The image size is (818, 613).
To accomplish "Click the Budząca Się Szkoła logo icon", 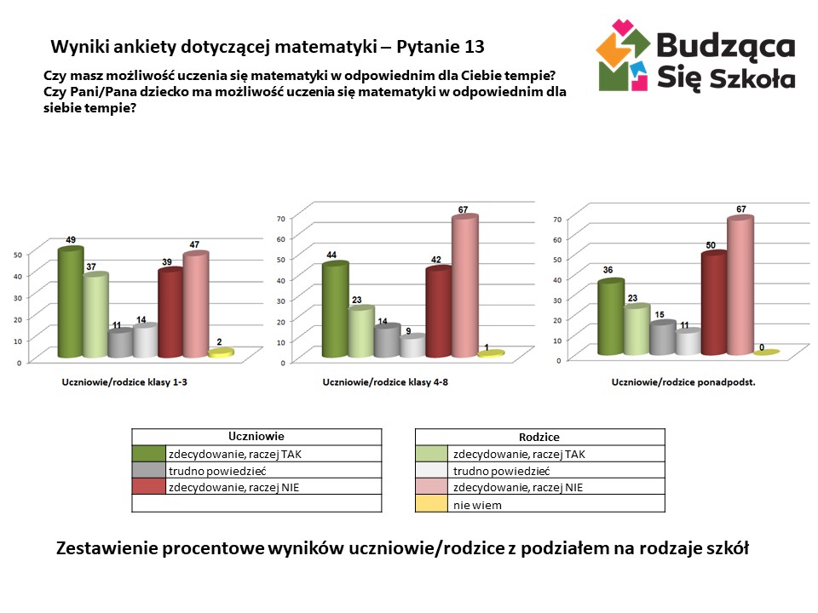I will tap(625, 56).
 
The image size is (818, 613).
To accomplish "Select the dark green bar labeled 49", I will tap(70, 302).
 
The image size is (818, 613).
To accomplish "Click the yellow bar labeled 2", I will tap(221, 353).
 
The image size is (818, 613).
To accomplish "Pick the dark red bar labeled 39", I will tap(170, 313).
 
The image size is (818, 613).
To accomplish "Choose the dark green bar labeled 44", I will tap(334, 311).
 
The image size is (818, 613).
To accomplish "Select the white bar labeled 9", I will tap(412, 347).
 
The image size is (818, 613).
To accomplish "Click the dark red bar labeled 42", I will tap(438, 312).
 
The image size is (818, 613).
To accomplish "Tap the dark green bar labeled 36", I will tap(610, 318).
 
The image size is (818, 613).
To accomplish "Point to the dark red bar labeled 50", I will tap(713, 304).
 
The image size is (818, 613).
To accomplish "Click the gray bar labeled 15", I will tap(662, 338).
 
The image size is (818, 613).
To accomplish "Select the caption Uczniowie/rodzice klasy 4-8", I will tap(385, 382).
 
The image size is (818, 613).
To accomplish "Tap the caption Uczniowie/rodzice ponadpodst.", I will tap(684, 382).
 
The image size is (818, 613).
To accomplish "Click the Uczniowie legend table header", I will tap(256, 436).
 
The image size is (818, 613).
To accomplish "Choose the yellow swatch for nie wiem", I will tap(432, 504).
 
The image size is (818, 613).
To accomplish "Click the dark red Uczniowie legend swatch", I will tap(148, 487).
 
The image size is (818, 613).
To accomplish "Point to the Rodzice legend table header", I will tap(539, 437).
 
